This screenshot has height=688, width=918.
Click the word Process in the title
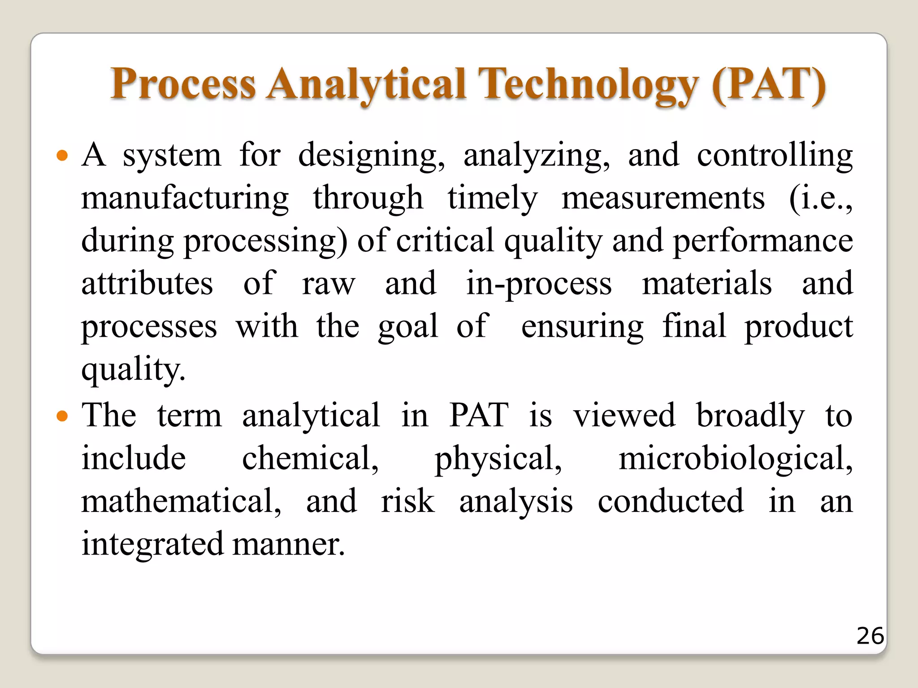183,84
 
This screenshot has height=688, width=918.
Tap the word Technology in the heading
588,84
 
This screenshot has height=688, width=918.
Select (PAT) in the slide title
768,84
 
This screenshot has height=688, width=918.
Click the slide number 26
870,636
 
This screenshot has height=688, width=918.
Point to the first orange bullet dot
62,156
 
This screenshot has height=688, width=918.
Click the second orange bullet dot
62,417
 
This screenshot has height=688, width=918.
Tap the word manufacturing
185,198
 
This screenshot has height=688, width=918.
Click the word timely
492,198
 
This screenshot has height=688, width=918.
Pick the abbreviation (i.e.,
821,198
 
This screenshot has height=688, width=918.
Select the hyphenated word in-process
538,284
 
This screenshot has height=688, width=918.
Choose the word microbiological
735,459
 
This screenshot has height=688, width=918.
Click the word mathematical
181,501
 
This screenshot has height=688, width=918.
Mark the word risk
407,501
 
